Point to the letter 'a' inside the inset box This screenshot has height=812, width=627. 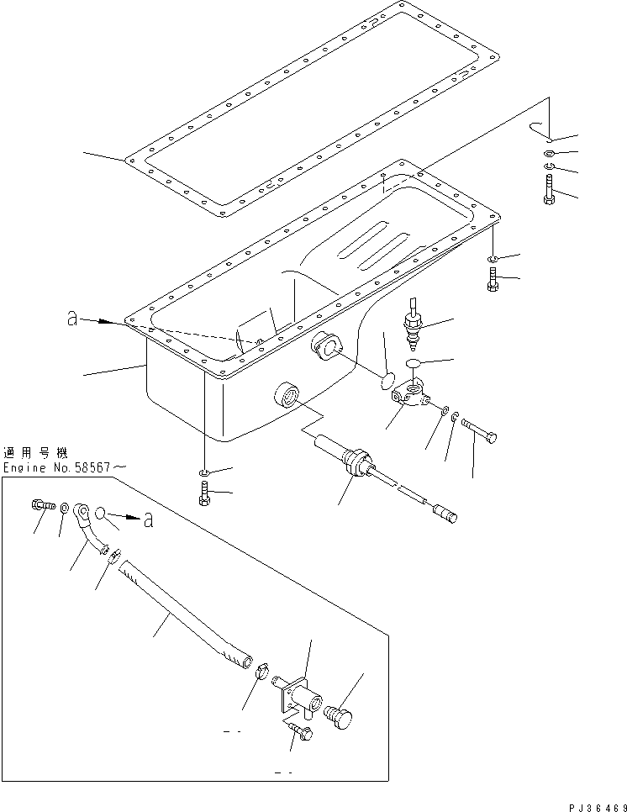[148, 520]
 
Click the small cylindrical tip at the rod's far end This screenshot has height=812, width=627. [445, 514]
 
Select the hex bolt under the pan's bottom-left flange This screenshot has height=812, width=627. [204, 497]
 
